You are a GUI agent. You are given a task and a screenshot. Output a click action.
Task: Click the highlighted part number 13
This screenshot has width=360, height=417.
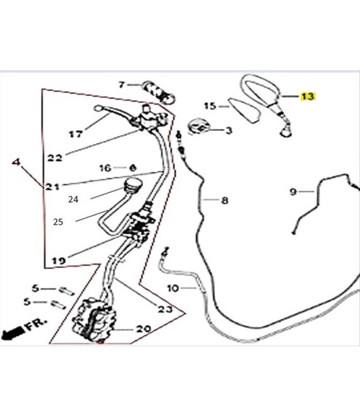pos(308,97)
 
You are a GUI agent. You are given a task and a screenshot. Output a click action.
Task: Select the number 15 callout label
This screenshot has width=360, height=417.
pos(209,106)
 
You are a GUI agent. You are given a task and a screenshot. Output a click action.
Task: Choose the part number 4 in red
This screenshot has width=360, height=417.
pos(17,162)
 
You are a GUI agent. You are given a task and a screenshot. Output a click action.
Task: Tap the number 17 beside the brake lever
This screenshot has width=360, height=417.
pos(76,134)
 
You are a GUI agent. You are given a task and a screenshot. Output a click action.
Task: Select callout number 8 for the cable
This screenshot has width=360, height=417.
pos(224,201)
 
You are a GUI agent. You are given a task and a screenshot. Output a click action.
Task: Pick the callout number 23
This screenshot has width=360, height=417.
pos(165,309)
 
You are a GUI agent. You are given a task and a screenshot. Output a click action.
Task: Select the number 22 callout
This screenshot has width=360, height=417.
pos(55,158)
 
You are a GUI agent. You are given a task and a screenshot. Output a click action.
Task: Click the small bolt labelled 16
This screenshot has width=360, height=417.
pos(133,168)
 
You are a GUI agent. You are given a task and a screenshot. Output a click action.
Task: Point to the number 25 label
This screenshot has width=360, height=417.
pos(59,222)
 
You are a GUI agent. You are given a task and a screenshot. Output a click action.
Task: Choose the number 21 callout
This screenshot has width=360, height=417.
pos(52,187)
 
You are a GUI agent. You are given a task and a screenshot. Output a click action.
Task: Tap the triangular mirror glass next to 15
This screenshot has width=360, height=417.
pos(246,111)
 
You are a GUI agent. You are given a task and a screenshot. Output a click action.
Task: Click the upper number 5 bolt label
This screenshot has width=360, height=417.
pos(35,288)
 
